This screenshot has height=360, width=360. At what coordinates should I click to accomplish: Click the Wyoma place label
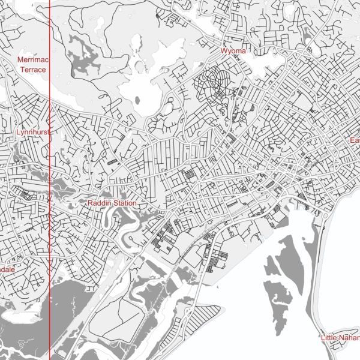pos(233,51)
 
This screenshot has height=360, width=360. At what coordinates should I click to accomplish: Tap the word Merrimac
pos(32,60)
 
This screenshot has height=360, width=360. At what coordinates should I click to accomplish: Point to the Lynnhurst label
pos(31,131)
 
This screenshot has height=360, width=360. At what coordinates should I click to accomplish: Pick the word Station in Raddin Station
pos(125,203)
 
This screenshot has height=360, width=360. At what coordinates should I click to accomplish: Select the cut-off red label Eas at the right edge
pos(355,140)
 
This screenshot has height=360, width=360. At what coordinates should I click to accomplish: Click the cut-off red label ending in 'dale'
pos(7,270)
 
